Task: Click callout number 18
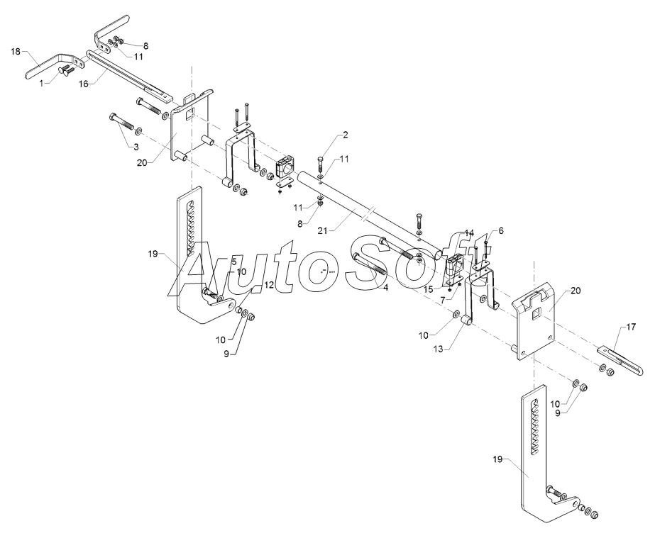pos(16,52)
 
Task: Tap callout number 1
pos(41,83)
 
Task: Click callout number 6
pos(500,230)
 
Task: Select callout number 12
pos(269,284)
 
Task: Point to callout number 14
pos(469,232)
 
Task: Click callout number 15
pos(427,289)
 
